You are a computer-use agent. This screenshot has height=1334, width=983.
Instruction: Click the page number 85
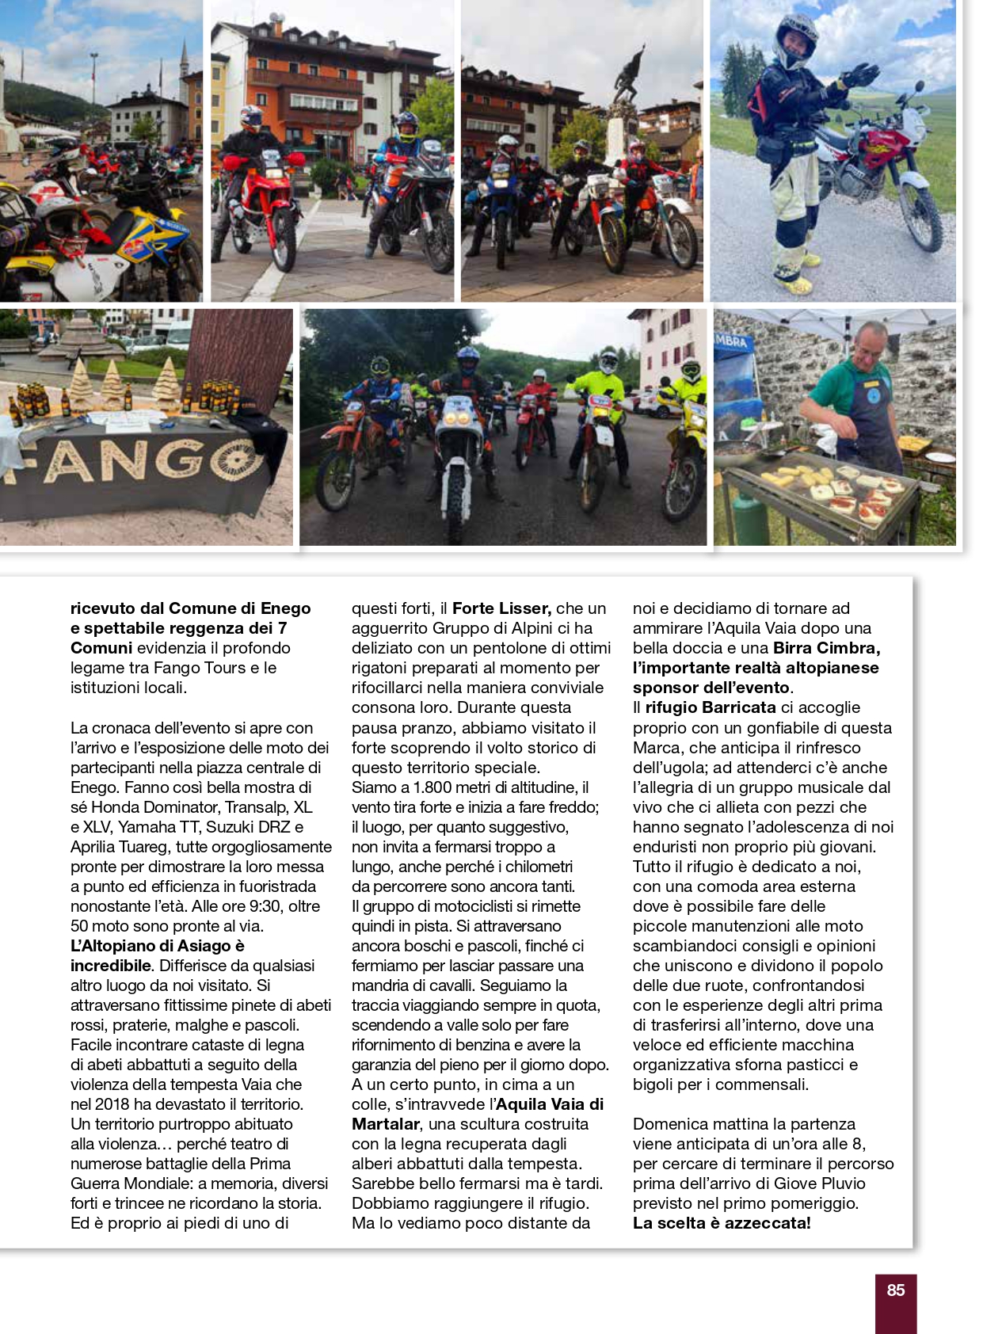895,1290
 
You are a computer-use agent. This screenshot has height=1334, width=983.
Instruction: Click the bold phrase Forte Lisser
501,608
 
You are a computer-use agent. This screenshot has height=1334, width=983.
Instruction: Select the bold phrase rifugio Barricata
710,707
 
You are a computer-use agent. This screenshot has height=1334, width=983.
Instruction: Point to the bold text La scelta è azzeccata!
722,1223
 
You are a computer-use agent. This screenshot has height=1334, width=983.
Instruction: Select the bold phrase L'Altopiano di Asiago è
158,946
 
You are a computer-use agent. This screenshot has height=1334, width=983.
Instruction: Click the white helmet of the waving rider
797,32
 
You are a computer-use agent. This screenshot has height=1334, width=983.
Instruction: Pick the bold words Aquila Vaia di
550,1104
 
